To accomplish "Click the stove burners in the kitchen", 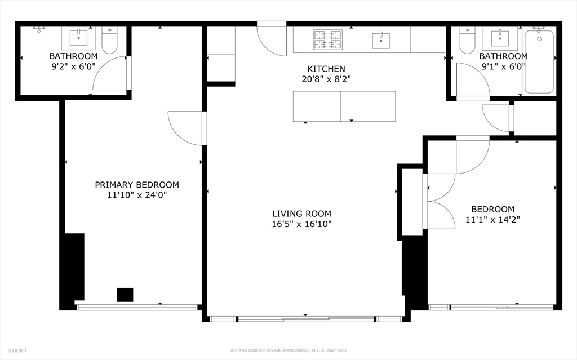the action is coord(328,39).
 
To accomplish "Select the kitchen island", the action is coord(344,106).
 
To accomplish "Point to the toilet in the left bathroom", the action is coord(109,41).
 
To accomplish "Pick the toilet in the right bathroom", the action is coord(467,41).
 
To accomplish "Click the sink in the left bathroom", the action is coord(78,38).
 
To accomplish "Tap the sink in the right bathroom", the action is coord(500,38).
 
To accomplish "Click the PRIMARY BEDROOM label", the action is coord(137,185).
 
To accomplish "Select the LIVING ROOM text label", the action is coord(301,214).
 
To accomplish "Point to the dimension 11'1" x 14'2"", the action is coord(492,220).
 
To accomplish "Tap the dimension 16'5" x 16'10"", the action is coord(301,224).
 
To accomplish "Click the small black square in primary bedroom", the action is coord(125,295).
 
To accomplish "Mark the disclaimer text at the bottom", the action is coord(288,351).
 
